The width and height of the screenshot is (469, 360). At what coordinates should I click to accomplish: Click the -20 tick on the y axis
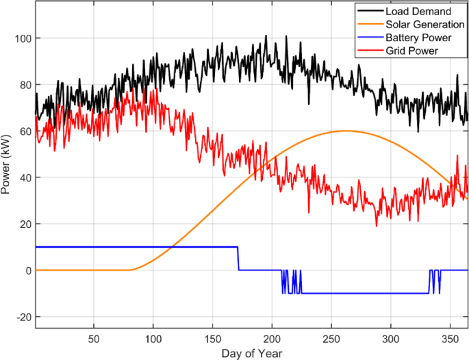[21, 317]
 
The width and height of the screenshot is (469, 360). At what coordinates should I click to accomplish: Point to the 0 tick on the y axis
[27, 270]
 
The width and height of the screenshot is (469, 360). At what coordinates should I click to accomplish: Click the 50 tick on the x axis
[94, 339]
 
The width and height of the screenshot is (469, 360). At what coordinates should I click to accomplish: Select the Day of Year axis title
[251, 353]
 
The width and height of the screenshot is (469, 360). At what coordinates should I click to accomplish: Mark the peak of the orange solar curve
[346, 131]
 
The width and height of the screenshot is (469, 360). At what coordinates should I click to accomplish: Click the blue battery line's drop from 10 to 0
[238, 259]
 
